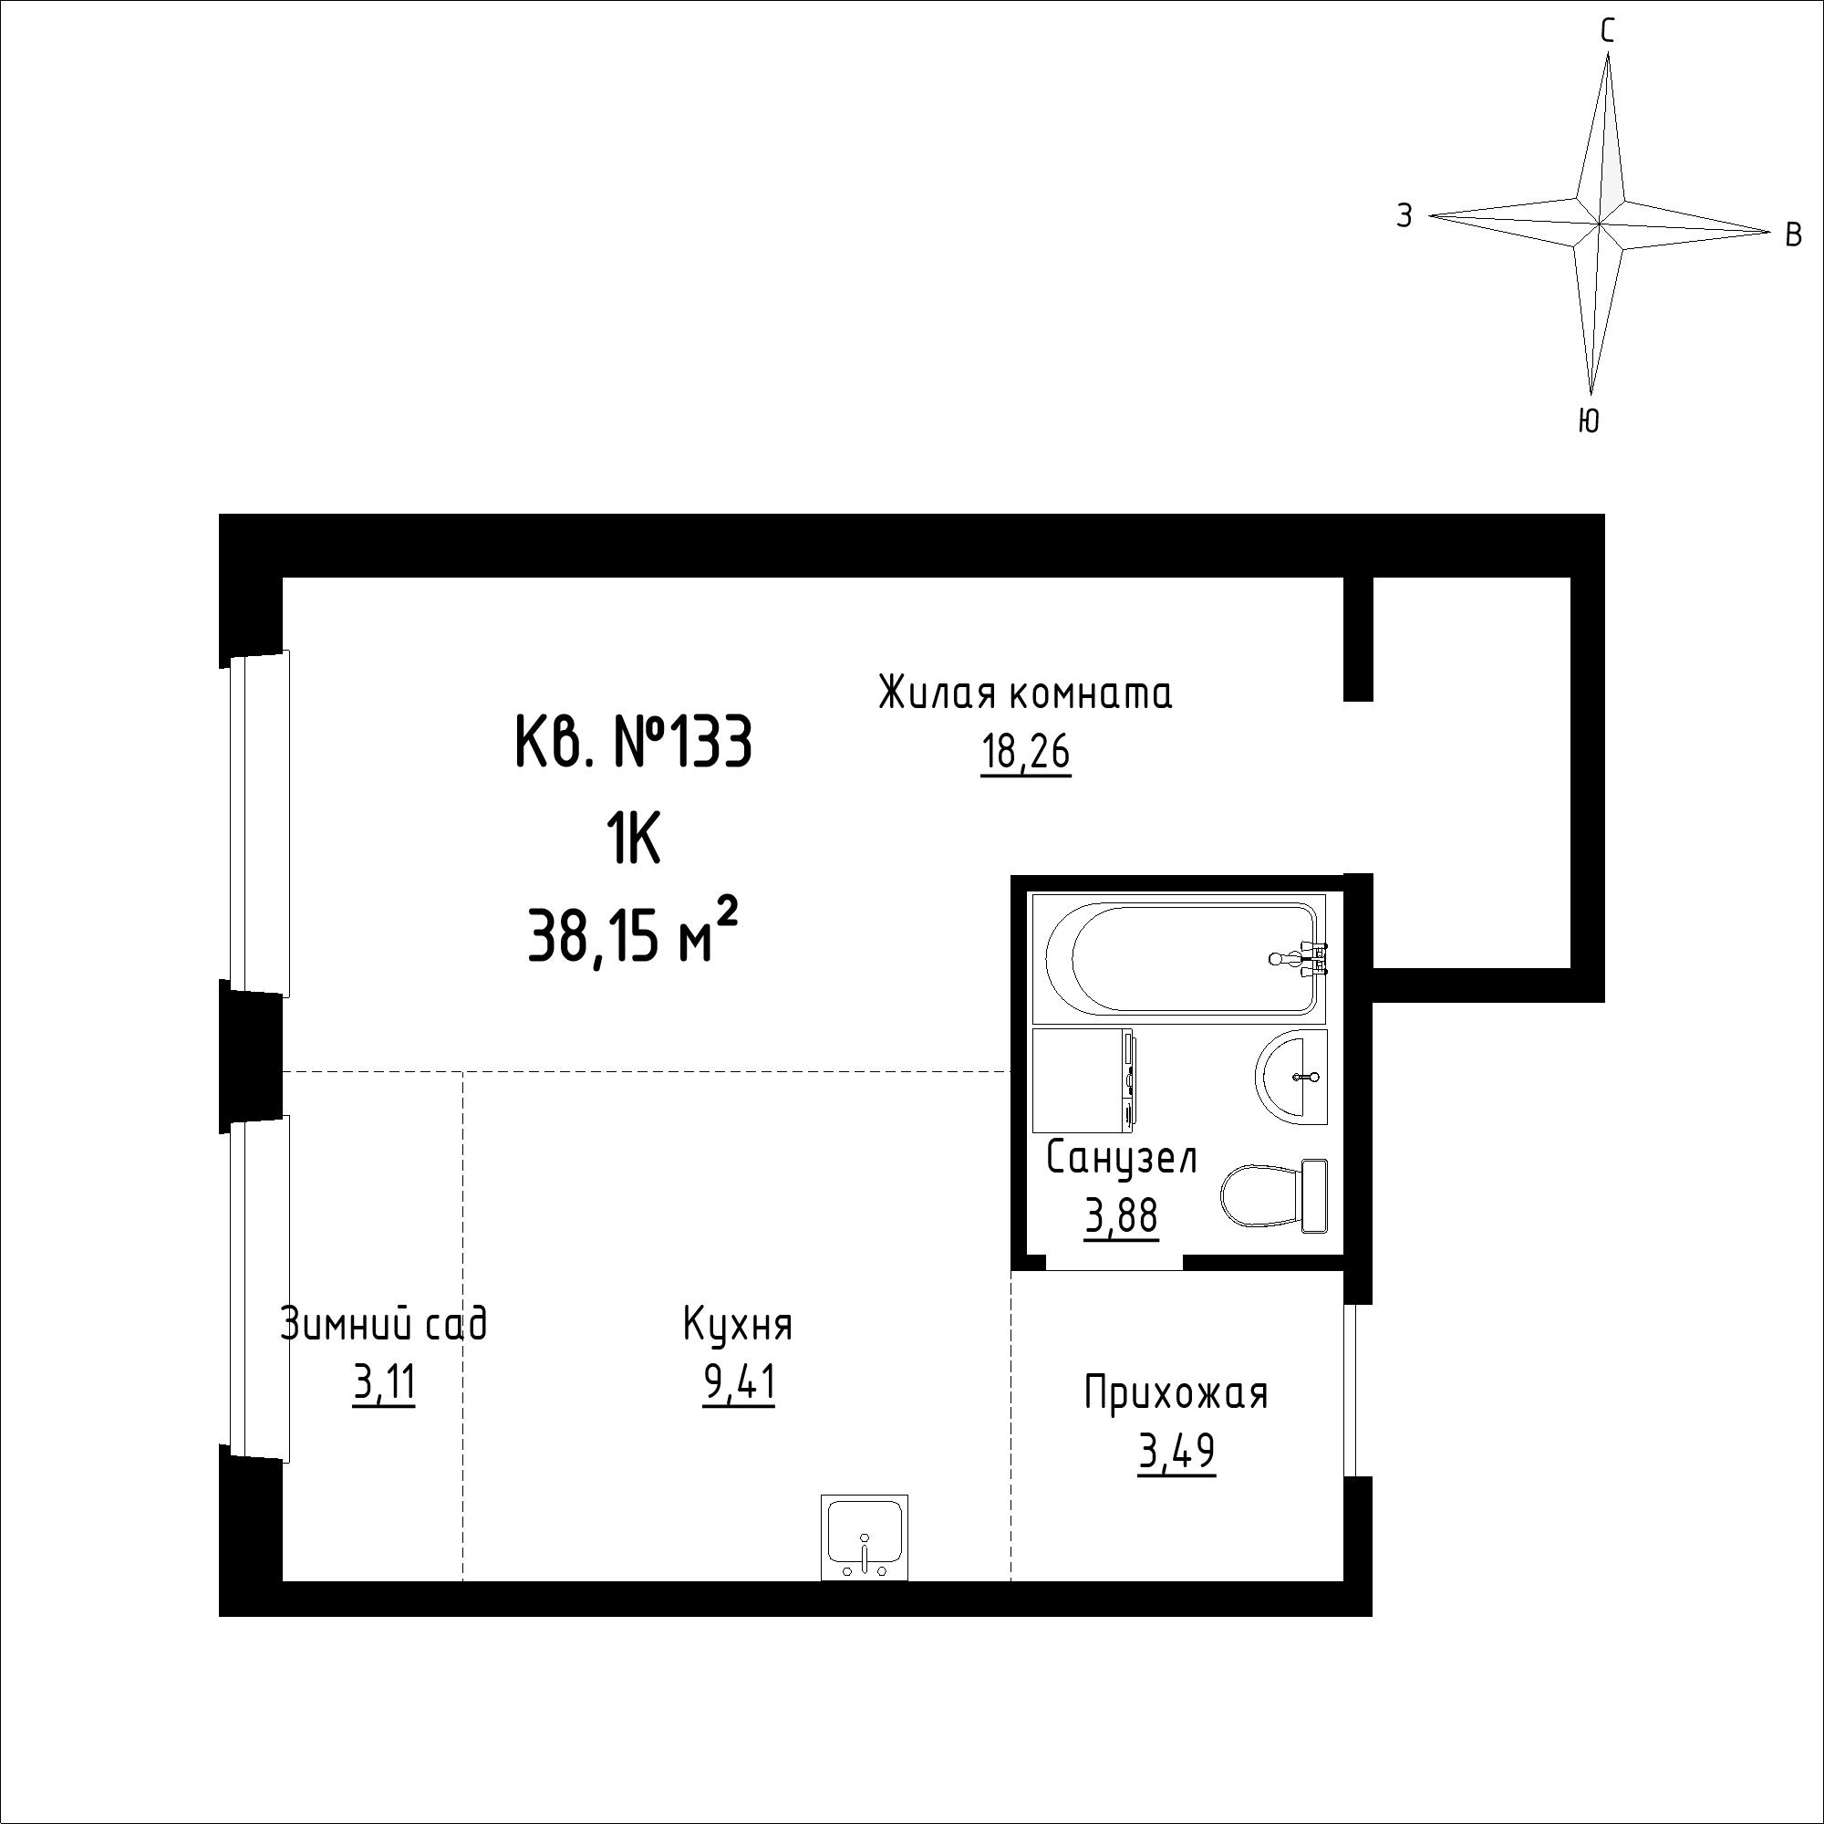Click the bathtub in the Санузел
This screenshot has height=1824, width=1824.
pos(1179,959)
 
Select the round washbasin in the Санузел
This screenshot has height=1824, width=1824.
pos(1291,1076)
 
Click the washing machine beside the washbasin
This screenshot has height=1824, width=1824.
pos(1084,1080)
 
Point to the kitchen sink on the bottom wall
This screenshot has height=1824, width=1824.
pos(864,1537)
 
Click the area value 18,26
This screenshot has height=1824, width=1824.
pos(1025,754)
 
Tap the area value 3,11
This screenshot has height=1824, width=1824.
pos(384,1385)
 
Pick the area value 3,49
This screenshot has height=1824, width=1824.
pos(1176,1453)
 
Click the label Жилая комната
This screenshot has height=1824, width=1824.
pos(1025,693)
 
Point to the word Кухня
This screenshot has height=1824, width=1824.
pos(737,1325)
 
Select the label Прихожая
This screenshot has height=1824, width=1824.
pos(1176,1393)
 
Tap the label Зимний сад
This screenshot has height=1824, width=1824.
pos(383,1322)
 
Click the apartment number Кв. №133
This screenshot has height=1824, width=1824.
pos(634,742)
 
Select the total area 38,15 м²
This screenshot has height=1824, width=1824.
pos(633,931)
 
